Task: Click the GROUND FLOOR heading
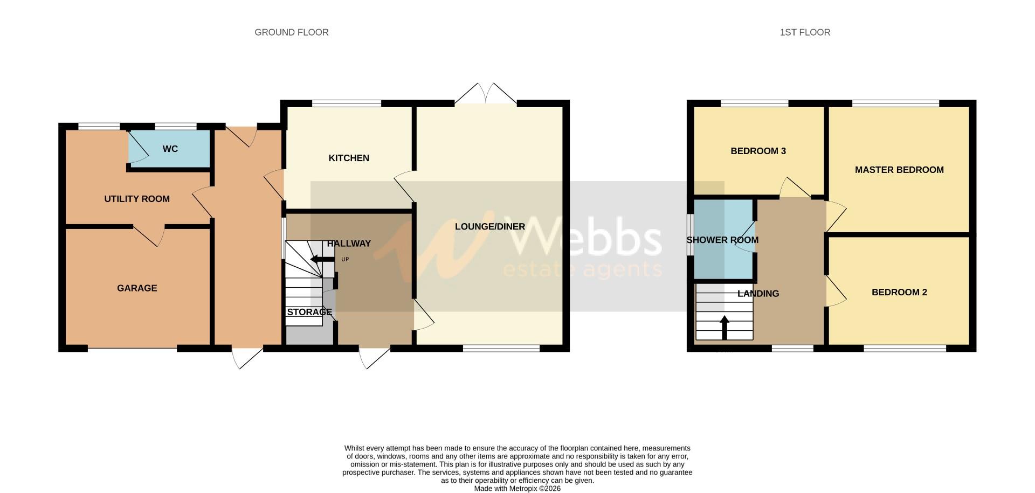[291, 32]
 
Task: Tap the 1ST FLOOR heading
[804, 32]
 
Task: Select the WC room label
[170, 149]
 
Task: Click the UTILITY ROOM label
[137, 199]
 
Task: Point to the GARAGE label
[137, 288]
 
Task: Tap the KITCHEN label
[349, 158]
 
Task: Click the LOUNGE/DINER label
[489, 226]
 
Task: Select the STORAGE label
[309, 312]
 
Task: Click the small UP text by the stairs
[345, 259]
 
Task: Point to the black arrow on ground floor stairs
[322, 260]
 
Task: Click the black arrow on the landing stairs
[724, 327]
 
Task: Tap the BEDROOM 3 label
[758, 151]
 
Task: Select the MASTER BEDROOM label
[899, 170]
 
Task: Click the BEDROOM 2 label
[899, 292]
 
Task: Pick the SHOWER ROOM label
[722, 240]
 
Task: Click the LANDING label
[758, 294]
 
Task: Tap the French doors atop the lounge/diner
[486, 94]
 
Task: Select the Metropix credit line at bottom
[517, 489]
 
